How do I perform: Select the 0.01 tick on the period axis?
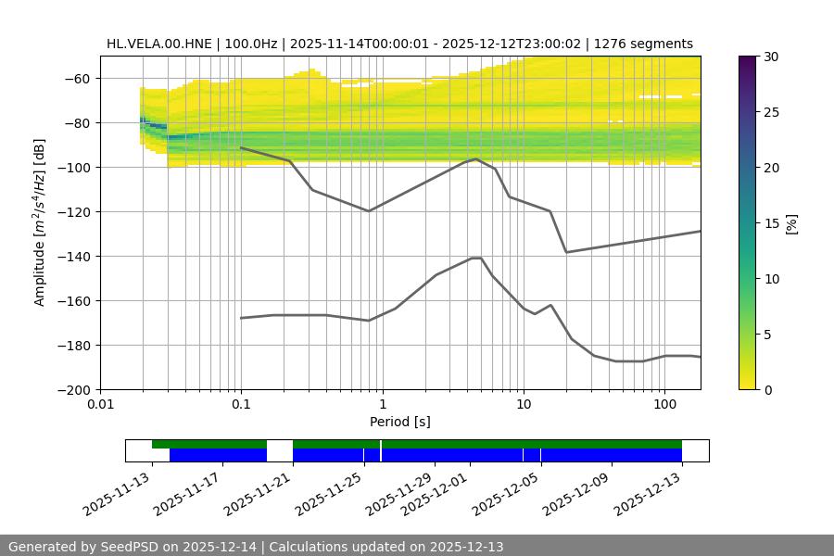point(100,404)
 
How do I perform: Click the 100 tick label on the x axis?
point(663,404)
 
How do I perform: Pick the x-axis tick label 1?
point(382,404)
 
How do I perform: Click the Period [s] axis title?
point(399,422)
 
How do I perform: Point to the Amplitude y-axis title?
point(39,222)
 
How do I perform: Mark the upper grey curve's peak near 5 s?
point(476,158)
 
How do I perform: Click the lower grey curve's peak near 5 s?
point(476,258)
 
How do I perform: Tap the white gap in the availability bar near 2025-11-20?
point(279,450)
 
